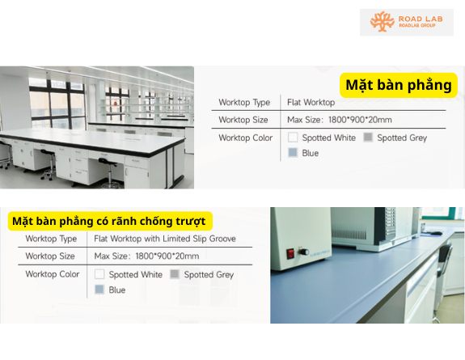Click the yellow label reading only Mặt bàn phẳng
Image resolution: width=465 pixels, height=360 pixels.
399,85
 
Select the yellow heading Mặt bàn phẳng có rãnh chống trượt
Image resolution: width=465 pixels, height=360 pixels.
108,221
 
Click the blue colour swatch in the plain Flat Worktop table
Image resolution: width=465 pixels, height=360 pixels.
293,152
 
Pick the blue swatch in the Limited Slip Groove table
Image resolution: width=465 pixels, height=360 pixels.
99,290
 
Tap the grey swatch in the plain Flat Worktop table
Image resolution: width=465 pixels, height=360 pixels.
368,138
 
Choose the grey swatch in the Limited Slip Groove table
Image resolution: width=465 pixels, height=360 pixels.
175,274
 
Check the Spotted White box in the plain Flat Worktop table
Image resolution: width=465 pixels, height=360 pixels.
293,138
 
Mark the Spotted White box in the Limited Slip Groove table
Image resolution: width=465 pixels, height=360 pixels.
99,274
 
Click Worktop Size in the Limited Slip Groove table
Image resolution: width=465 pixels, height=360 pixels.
50,256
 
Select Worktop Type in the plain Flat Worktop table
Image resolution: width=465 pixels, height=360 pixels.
244,103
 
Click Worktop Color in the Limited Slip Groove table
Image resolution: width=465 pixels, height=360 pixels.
53,274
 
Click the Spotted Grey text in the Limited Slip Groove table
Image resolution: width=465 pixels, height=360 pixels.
209,274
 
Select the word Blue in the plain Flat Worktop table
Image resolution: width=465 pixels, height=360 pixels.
311,152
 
